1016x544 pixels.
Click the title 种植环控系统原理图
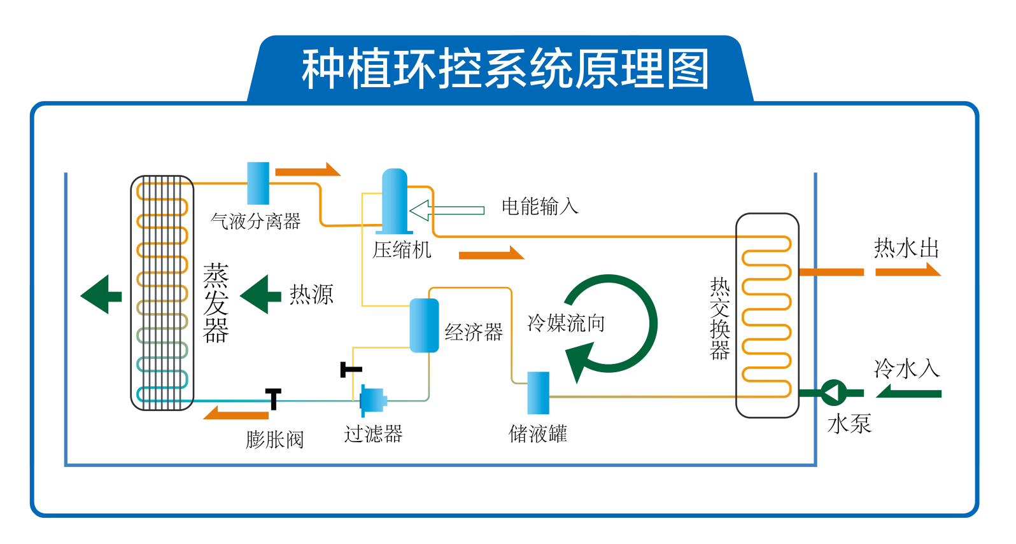tap(505, 69)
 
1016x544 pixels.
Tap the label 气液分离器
tap(255, 221)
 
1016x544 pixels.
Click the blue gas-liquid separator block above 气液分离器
tap(258, 183)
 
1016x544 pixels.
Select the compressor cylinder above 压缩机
tap(394, 201)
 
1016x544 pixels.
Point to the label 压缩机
tap(402, 250)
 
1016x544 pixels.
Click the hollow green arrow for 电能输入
tap(446, 210)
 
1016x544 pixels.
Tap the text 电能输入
tap(540, 206)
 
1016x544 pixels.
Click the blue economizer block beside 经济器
tap(424, 325)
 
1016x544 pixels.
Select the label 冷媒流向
tap(566, 323)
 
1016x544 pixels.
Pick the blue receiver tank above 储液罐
tap(538, 393)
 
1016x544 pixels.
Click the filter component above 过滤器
tap(372, 400)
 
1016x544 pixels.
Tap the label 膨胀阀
tap(275, 439)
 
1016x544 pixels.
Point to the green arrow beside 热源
tap(260, 295)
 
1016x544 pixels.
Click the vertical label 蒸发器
tap(216, 303)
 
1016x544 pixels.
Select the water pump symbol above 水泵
tap(833, 393)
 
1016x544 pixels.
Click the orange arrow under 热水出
tap(907, 271)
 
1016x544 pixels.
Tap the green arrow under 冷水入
tap(908, 393)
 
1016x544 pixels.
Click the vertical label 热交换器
tap(720, 318)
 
